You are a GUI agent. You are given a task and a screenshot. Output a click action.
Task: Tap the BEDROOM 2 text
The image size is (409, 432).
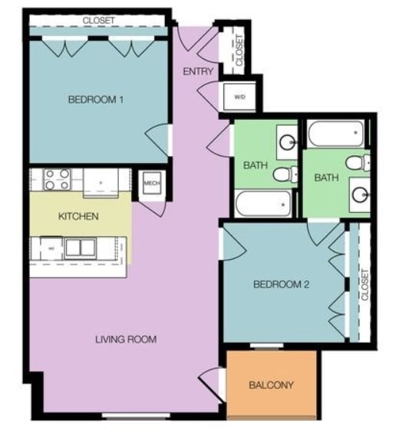(x=281, y=284)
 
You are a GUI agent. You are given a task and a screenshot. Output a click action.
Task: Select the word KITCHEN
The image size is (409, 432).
(x=78, y=216)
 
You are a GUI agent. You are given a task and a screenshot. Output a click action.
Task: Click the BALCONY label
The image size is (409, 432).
(x=271, y=385)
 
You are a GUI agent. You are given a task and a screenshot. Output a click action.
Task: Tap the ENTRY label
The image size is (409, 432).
(x=198, y=71)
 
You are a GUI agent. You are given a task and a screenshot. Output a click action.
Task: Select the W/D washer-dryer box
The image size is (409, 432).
(x=239, y=98)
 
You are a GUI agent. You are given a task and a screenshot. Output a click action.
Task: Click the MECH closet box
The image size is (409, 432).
(x=150, y=184)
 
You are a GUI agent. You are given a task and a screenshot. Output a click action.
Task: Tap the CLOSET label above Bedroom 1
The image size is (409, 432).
(x=97, y=21)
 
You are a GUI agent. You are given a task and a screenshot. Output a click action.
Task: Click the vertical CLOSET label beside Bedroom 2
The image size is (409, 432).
(x=364, y=284)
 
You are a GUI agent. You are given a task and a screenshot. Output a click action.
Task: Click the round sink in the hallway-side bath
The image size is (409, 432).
(x=288, y=142)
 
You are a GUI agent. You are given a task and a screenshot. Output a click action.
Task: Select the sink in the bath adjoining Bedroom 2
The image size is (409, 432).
(x=359, y=193)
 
